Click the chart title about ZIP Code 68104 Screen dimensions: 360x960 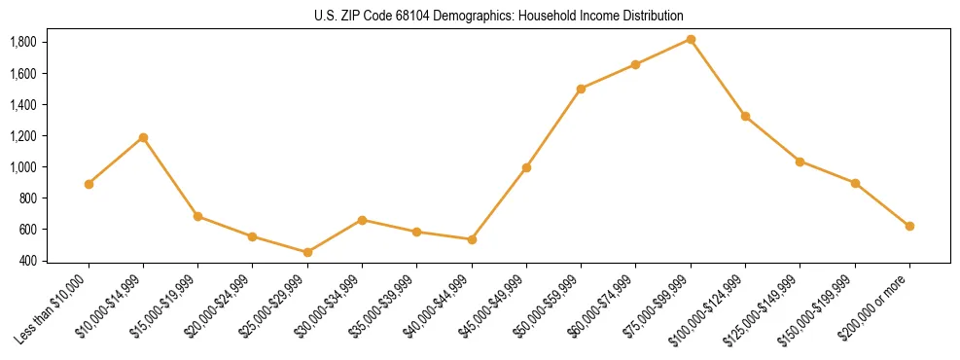[499, 17]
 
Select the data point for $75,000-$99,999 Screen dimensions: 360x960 [691, 39]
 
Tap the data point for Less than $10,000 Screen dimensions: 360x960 [89, 184]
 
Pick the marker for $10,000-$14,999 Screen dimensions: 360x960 [143, 137]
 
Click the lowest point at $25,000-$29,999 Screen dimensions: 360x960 [307, 252]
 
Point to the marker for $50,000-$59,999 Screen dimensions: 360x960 [581, 89]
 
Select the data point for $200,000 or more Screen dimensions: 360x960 [909, 226]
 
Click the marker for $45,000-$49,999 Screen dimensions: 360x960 [526, 167]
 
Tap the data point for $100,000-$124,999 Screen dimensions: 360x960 [745, 116]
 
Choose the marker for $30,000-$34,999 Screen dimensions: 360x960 [362, 220]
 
